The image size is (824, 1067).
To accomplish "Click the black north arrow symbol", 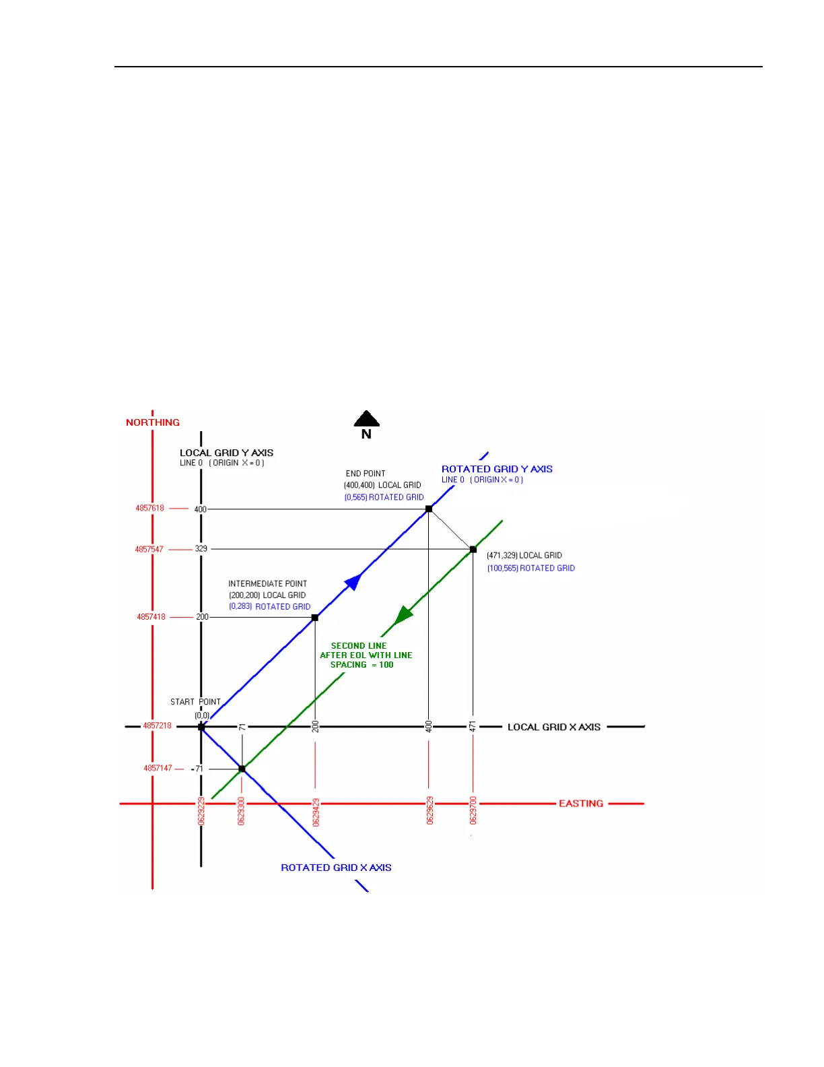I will coord(366,420).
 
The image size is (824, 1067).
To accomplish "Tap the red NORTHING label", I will coord(153,422).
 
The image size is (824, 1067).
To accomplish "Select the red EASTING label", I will coord(581,804).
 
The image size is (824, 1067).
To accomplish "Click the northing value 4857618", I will coord(150,508).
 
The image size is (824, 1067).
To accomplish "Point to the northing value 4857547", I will coord(149,549).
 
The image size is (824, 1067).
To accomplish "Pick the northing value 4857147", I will coord(158,768).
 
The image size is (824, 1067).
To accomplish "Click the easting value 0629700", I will coord(473,810).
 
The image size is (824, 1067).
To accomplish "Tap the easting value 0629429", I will coord(316,812).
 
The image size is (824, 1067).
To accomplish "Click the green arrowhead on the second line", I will coord(403,615).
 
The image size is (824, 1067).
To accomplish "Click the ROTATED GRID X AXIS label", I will coord(336,868).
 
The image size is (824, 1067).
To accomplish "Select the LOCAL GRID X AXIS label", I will coord(554,727).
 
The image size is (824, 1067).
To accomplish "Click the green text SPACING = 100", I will coord(362,665).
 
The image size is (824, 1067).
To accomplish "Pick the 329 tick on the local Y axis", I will coord(201,549).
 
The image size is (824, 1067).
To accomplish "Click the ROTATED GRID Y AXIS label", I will coord(497,469).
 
